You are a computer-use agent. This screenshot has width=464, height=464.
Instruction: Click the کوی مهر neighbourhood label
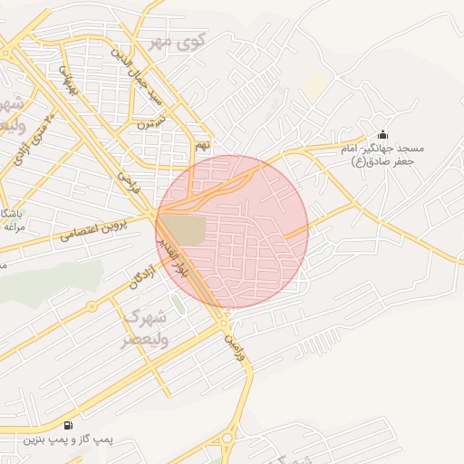click(179, 42)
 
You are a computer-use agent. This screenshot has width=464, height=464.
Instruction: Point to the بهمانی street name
click(69, 80)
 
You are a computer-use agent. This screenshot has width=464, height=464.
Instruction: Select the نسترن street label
click(153, 123)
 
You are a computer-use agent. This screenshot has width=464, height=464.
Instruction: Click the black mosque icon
click(382, 134)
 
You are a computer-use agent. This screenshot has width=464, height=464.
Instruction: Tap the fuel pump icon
click(68, 424)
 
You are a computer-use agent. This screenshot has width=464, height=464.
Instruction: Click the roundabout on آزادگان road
click(91, 306)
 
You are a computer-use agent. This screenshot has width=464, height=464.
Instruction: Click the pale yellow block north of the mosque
click(315, 87)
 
